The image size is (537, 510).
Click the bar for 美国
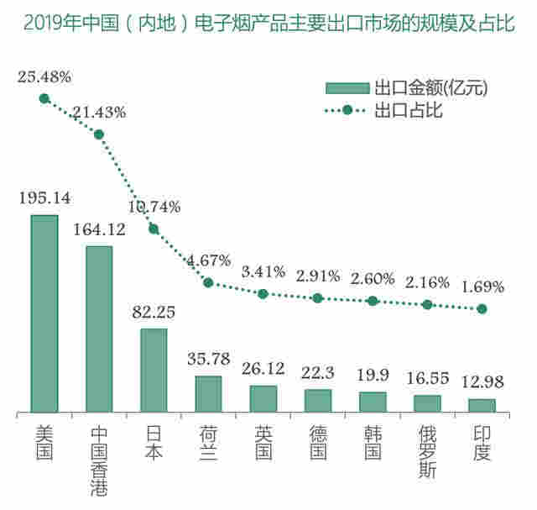44,314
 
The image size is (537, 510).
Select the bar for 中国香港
99,329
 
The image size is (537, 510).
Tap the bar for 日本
154,371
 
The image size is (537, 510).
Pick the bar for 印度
482,405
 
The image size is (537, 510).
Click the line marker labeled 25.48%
44,98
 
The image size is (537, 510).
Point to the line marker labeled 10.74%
154,229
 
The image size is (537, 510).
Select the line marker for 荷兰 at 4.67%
208,282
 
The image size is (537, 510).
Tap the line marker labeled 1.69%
482,309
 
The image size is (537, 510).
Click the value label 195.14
44,198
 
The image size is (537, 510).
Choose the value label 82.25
154,312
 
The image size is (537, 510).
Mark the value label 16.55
427,381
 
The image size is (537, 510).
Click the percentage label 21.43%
99,113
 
